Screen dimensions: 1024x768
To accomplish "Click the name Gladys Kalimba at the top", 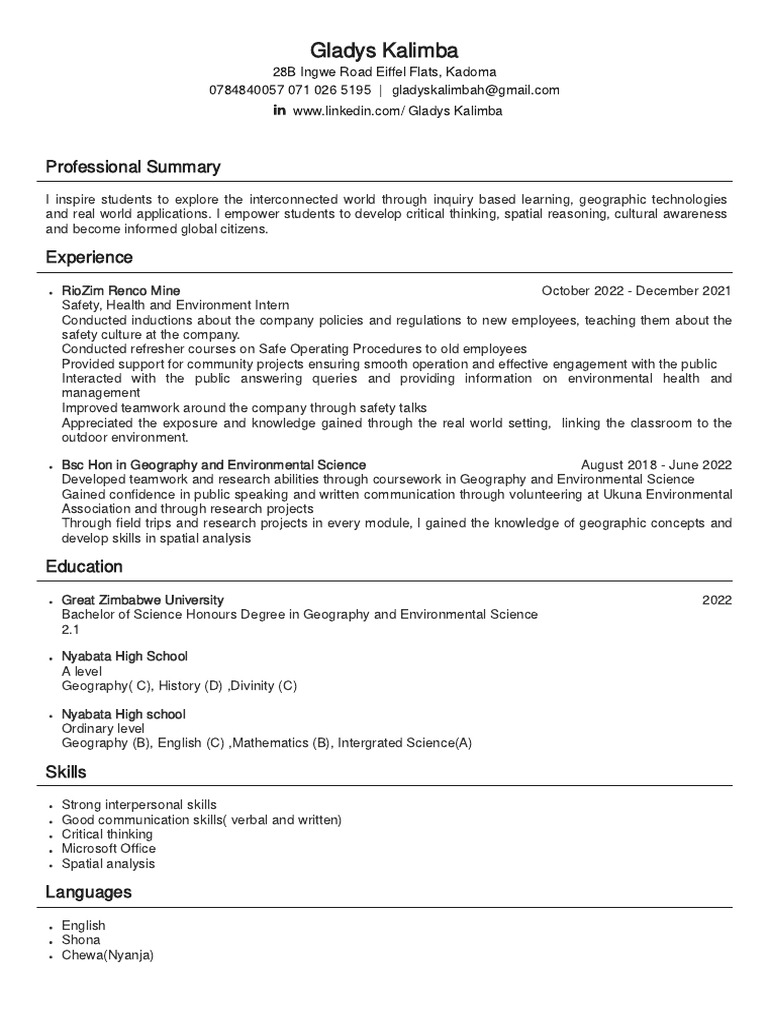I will pyautogui.click(x=385, y=49).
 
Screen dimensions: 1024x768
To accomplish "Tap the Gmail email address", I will pyautogui.click(x=475, y=90).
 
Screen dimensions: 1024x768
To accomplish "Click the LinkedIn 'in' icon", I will pyautogui.click(x=279, y=110).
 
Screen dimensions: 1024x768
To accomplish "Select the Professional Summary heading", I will pyautogui.click(x=133, y=167).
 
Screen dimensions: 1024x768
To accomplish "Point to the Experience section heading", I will pyautogui.click(x=89, y=258).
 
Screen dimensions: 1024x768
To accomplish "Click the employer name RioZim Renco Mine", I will pyautogui.click(x=121, y=291).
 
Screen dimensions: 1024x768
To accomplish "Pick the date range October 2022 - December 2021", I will pyautogui.click(x=636, y=291).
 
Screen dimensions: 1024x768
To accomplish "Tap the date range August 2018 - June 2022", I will pyautogui.click(x=656, y=465).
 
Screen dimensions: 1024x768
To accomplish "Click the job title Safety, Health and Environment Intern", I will pyautogui.click(x=175, y=305).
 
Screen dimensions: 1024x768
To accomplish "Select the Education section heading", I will pyautogui.click(x=84, y=567).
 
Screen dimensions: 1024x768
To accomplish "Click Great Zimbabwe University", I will pyautogui.click(x=143, y=600).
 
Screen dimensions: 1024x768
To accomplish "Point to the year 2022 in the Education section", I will pyautogui.click(x=716, y=600).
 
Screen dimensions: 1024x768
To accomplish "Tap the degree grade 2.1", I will pyautogui.click(x=70, y=630).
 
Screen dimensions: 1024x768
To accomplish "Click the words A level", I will pyautogui.click(x=82, y=671).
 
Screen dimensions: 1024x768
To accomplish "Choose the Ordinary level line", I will pyautogui.click(x=103, y=729).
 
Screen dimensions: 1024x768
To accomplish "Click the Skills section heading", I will pyautogui.click(x=66, y=773).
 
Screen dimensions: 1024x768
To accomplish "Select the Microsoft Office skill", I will pyautogui.click(x=109, y=849).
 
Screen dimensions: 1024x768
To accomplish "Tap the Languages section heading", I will pyautogui.click(x=88, y=892).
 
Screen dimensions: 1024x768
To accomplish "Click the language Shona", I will pyautogui.click(x=81, y=940).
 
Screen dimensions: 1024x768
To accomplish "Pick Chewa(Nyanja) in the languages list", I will pyautogui.click(x=108, y=955).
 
